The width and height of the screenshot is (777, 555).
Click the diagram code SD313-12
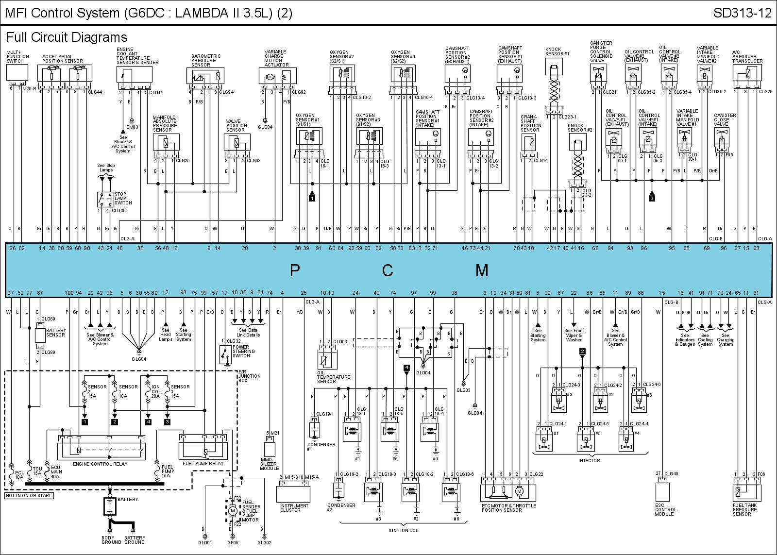pyautogui.click(x=742, y=13)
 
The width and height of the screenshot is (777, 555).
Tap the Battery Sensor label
pyautogui.click(x=56, y=333)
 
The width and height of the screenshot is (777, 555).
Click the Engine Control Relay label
pyautogui.click(x=100, y=464)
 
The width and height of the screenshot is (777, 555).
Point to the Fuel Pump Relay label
pyautogui.click(x=203, y=464)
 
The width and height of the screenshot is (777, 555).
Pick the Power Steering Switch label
pyautogui.click(x=243, y=351)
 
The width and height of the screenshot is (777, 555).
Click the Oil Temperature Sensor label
pyautogui.click(x=334, y=379)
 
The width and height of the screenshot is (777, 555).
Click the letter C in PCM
pyautogui.click(x=387, y=270)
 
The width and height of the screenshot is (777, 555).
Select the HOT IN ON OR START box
pyautogui.click(x=29, y=496)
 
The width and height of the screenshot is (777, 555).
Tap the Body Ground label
pyautogui.click(x=108, y=540)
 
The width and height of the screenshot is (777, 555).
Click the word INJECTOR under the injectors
pyautogui.click(x=589, y=460)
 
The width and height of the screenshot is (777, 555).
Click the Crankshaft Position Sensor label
pyautogui.click(x=531, y=123)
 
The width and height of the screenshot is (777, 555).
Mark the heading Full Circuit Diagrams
pyautogui.click(x=67, y=37)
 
